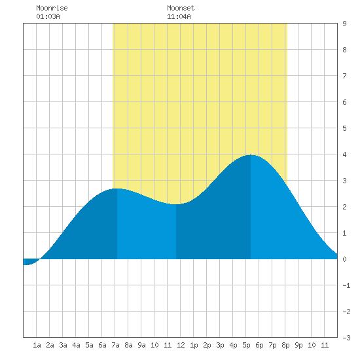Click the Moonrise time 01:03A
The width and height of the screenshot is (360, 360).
tap(48, 16)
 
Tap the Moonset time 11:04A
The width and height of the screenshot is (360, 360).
tap(179, 16)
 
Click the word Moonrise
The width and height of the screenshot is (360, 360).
tap(52, 8)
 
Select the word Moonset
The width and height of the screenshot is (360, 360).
tap(181, 8)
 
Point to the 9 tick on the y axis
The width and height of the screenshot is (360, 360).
tap(344, 24)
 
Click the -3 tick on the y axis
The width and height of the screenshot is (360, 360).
tap(346, 338)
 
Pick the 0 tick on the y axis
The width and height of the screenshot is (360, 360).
tap(344, 259)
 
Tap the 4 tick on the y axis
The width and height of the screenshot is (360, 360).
tap(344, 154)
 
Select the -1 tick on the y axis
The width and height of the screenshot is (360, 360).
tap(346, 285)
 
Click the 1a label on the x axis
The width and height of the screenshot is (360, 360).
tap(37, 345)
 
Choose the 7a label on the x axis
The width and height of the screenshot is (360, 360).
tap(115, 345)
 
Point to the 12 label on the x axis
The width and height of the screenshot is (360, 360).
tap(181, 345)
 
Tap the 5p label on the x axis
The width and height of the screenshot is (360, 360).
tap(246, 345)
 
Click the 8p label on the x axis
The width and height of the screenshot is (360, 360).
tap(285, 345)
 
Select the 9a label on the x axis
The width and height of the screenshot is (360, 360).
tap(141, 345)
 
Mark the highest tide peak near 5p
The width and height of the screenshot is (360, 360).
tap(251, 155)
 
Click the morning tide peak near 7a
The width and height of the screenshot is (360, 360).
tap(117, 189)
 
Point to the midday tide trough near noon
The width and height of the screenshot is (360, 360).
tap(176, 204)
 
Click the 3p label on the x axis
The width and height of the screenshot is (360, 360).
tap(220, 345)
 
